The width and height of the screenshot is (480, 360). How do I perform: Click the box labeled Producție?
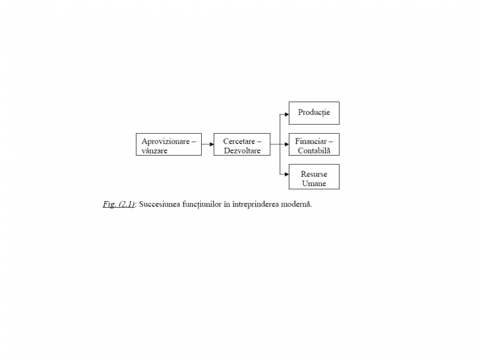(x=314, y=113)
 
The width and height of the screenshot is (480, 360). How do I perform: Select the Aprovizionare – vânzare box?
(x=169, y=144)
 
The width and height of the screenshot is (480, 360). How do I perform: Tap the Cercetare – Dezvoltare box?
(x=242, y=144)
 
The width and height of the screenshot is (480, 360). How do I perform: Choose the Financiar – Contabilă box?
(x=314, y=144)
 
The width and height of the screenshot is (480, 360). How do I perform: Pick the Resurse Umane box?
(x=314, y=177)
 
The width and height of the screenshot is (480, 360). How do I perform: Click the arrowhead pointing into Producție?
(x=287, y=115)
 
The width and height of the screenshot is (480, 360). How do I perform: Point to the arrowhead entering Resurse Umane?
(x=287, y=175)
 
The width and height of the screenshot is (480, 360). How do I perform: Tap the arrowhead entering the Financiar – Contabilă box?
(x=287, y=144)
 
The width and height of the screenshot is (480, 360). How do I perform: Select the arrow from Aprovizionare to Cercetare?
(x=208, y=144)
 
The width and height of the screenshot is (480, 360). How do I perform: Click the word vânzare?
(x=154, y=151)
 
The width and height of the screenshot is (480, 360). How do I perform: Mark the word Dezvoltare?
(x=242, y=150)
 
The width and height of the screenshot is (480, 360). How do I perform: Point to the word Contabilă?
(x=314, y=150)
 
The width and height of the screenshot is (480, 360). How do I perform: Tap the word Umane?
(x=314, y=183)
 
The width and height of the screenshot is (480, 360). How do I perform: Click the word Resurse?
(x=314, y=174)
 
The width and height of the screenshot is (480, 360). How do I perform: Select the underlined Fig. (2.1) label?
(x=119, y=204)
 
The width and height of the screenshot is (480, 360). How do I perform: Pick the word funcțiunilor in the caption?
(x=202, y=204)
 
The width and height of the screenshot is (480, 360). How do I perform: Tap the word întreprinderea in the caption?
(x=256, y=204)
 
